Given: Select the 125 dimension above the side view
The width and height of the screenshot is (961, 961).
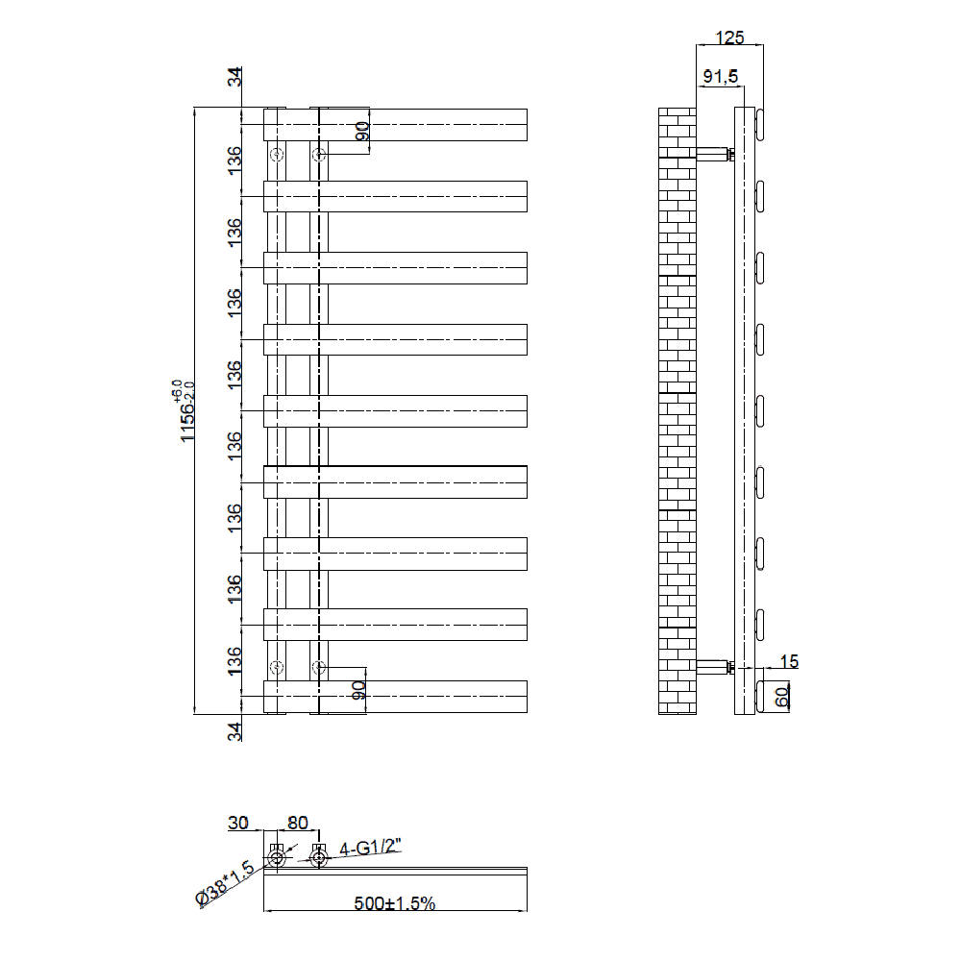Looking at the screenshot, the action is [729, 37].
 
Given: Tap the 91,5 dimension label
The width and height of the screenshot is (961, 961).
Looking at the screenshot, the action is [721, 77].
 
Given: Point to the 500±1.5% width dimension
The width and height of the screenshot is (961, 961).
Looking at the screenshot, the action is [395, 902].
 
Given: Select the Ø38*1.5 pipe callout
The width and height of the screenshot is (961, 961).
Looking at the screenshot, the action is [225, 884].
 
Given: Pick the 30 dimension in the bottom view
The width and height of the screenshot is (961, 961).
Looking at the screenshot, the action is [238, 823].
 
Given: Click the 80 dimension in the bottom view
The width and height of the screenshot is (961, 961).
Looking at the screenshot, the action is [297, 823].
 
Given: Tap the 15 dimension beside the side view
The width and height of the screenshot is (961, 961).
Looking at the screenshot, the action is [789, 661].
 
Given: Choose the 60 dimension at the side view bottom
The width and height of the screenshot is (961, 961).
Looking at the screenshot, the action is [781, 697].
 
